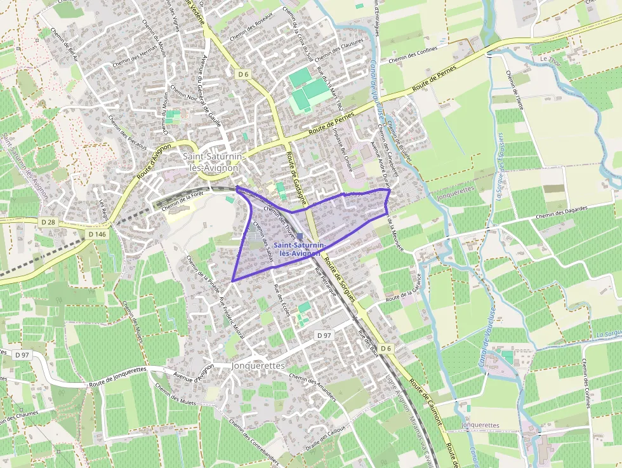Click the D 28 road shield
click(x=48, y=222)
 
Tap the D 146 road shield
click(x=96, y=234)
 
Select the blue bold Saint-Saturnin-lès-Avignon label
click(x=300, y=248)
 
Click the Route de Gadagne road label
click(x=294, y=171)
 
